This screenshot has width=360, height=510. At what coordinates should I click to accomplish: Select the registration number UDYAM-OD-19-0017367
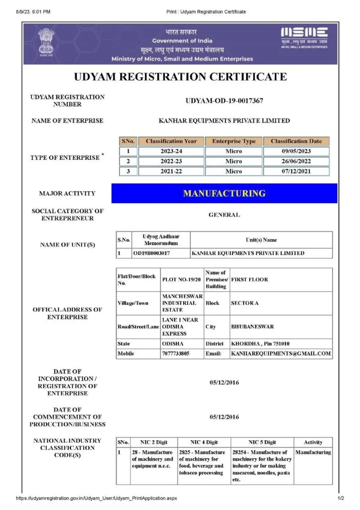pos(224,101)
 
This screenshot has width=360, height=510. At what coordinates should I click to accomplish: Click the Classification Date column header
pos(296,141)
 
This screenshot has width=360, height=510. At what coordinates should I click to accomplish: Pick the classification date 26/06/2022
pos(296,161)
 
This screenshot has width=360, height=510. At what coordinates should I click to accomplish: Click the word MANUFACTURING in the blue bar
pos(224,193)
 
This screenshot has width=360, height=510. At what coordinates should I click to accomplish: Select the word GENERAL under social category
pos(224,215)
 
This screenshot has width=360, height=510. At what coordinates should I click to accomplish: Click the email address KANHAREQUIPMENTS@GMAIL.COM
pos(281,354)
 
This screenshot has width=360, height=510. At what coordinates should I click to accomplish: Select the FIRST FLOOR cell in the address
pos(249,279)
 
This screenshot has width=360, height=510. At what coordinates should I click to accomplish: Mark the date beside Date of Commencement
pos(224,417)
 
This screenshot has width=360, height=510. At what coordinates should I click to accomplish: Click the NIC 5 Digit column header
pos(262,442)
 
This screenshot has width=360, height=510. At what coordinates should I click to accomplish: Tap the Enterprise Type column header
pos(234,141)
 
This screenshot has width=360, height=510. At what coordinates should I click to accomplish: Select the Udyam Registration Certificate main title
pos(180,77)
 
